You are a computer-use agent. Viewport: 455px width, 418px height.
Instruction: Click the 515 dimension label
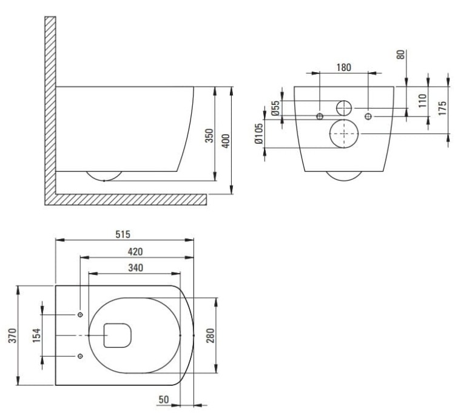click(x=123, y=234)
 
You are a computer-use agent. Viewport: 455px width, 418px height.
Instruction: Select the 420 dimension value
click(x=135, y=251)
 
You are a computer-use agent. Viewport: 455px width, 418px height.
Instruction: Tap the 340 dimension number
click(x=135, y=268)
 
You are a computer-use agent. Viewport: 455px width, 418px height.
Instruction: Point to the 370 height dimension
click(x=13, y=335)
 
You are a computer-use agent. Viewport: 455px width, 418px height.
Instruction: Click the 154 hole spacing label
click(x=36, y=335)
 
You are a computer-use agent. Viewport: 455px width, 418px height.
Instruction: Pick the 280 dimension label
click(x=210, y=335)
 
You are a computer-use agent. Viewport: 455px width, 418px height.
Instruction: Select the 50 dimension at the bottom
click(x=164, y=399)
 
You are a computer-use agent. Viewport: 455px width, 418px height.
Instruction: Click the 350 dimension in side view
click(x=209, y=135)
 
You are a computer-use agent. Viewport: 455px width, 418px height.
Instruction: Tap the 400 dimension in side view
click(x=226, y=141)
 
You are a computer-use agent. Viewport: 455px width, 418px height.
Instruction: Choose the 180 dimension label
click(x=344, y=67)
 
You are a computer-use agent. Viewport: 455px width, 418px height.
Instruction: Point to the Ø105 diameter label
click(x=258, y=134)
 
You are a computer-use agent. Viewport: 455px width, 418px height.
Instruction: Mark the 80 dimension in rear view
click(x=401, y=55)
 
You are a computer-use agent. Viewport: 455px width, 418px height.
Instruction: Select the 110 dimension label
click(x=422, y=101)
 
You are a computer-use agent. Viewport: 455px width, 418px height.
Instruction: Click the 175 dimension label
click(x=442, y=108)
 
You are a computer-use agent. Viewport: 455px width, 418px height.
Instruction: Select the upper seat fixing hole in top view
click(x=80, y=315)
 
